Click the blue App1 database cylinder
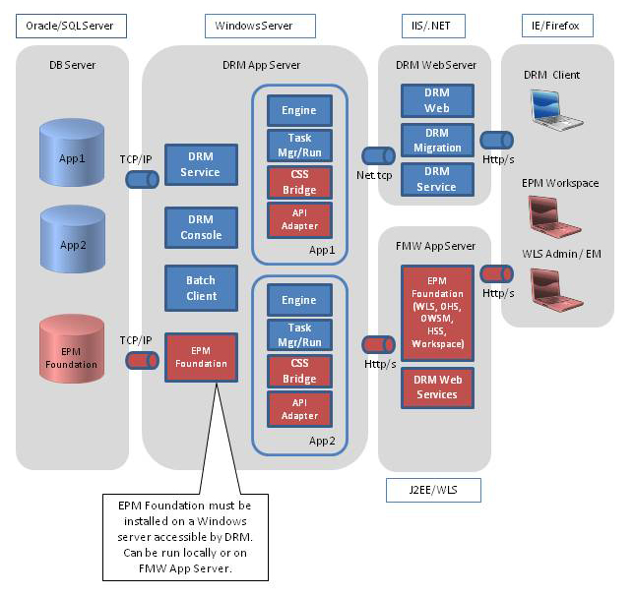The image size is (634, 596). [72, 156]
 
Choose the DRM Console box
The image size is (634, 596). [201, 227]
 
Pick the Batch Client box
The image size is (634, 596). [201, 288]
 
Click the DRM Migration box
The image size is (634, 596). [437, 140]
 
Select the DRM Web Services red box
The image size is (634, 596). [436, 387]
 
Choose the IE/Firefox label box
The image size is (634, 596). [557, 25]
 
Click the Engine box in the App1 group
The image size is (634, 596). [299, 110]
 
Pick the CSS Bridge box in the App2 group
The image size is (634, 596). [299, 371]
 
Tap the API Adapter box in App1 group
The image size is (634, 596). [299, 218]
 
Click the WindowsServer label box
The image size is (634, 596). [261, 25]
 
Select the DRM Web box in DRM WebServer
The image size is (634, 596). [437, 100]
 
